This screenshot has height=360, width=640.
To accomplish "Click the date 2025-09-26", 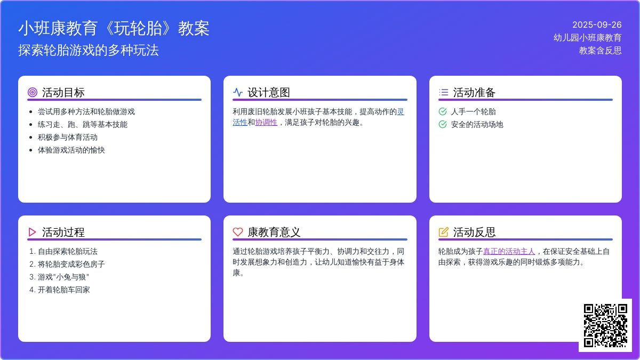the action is pyautogui.click(x=597, y=25).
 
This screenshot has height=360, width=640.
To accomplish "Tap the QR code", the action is pyautogui.click(x=605, y=325).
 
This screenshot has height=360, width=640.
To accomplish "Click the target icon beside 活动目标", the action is pyautogui.click(x=33, y=92).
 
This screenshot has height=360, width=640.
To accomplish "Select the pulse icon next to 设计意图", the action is pyautogui.click(x=238, y=92).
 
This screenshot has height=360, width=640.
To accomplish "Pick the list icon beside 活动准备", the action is pyautogui.click(x=443, y=92).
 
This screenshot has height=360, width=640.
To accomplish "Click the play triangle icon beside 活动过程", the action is pyautogui.click(x=33, y=232).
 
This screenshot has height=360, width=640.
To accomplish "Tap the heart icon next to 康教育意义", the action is pyautogui.click(x=238, y=232).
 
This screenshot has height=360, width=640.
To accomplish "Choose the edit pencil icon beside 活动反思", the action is pyautogui.click(x=443, y=232).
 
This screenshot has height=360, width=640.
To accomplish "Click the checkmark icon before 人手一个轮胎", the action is pyautogui.click(x=443, y=111).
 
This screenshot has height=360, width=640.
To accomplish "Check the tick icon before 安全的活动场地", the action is pyautogui.click(x=443, y=124).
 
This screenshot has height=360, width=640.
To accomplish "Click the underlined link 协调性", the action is pyautogui.click(x=266, y=123).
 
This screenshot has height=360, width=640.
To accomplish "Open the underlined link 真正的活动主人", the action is pyautogui.click(x=509, y=251).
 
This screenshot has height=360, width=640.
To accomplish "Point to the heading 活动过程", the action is pyautogui.click(x=63, y=233).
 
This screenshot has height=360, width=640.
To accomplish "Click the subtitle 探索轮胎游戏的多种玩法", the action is pyautogui.click(x=89, y=50).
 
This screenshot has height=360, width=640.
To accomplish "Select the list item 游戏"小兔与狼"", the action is pyautogui.click(x=63, y=277).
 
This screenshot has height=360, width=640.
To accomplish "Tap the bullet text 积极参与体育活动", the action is pyautogui.click(x=68, y=138).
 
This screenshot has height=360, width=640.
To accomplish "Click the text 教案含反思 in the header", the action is pyautogui.click(x=601, y=51).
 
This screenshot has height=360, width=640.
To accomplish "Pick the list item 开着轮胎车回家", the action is pyautogui.click(x=63, y=290).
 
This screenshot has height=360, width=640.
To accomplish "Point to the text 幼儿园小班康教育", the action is pyautogui.click(x=587, y=38).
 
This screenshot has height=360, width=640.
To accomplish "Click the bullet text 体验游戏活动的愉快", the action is pyautogui.click(x=71, y=150).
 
